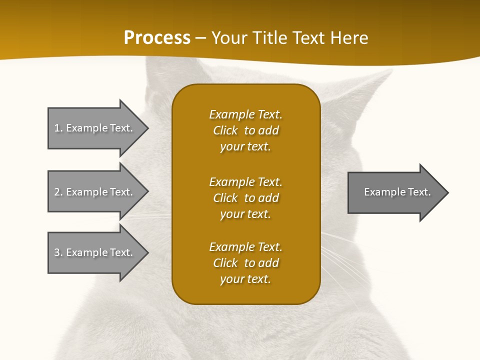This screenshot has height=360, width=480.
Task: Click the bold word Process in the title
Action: [157, 38]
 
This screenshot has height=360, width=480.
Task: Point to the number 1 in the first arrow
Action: [57, 128]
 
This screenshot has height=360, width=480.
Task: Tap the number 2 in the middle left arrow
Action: [57, 192]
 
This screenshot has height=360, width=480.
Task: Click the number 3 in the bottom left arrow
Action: [57, 252]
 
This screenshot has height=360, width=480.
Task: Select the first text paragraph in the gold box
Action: [245, 130]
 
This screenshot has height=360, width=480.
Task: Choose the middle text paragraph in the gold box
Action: [245, 198]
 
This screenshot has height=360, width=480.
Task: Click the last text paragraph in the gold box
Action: [245, 263]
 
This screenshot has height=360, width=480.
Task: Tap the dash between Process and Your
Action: [200, 38]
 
